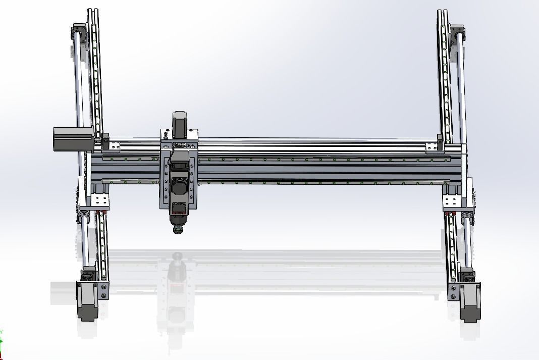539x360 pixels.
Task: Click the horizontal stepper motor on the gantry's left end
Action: click(73, 138)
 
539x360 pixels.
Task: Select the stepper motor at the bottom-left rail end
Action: click(87, 301)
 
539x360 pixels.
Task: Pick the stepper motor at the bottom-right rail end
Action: click(470, 302)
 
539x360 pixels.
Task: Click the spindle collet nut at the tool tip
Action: click(177, 230)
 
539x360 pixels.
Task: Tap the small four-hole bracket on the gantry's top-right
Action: click(432, 146)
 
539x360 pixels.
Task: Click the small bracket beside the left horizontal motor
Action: click(112, 146)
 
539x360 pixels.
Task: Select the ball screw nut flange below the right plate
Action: click(467, 218)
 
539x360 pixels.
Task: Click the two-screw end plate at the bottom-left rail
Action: click(103, 291)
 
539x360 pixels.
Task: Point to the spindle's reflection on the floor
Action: click(176, 283)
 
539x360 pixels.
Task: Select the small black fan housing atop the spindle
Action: click(178, 166)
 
